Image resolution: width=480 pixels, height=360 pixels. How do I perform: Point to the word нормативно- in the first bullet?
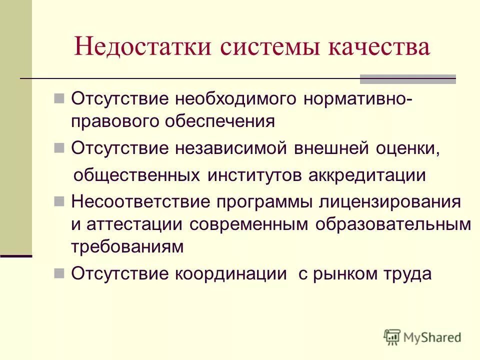358,98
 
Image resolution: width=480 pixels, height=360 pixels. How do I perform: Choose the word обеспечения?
228,121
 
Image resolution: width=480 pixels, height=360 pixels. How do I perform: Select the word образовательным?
393,224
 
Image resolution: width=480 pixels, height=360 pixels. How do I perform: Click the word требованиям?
127,246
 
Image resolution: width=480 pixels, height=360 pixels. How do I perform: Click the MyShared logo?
422,337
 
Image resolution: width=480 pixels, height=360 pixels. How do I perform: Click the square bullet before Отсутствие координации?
58,273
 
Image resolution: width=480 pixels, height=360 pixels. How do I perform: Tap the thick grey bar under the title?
408,79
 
